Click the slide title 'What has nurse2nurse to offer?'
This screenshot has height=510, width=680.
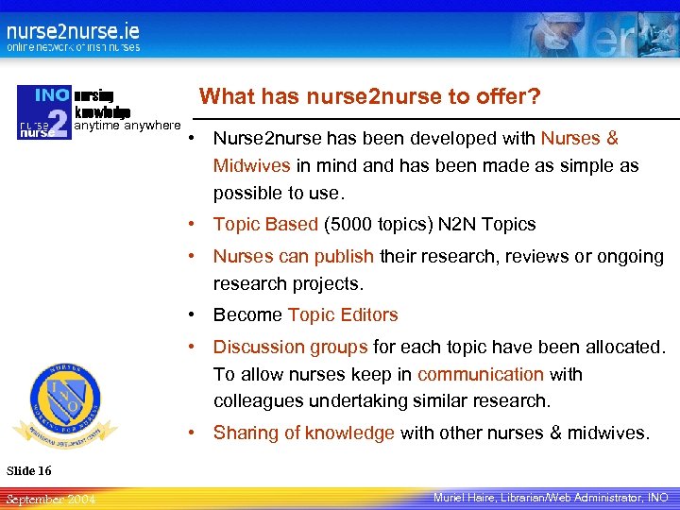370,96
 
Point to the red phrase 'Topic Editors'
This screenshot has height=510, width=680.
343,314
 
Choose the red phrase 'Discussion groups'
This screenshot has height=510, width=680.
291,347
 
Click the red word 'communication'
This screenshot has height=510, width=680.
481,374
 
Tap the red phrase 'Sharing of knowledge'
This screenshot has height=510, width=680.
304,433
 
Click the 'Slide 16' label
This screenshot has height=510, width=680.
29,470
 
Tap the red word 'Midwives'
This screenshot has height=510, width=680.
252,165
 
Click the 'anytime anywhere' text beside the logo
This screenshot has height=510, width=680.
127,125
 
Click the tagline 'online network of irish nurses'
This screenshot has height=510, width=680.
74,47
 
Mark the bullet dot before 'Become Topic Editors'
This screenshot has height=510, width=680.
192,314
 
